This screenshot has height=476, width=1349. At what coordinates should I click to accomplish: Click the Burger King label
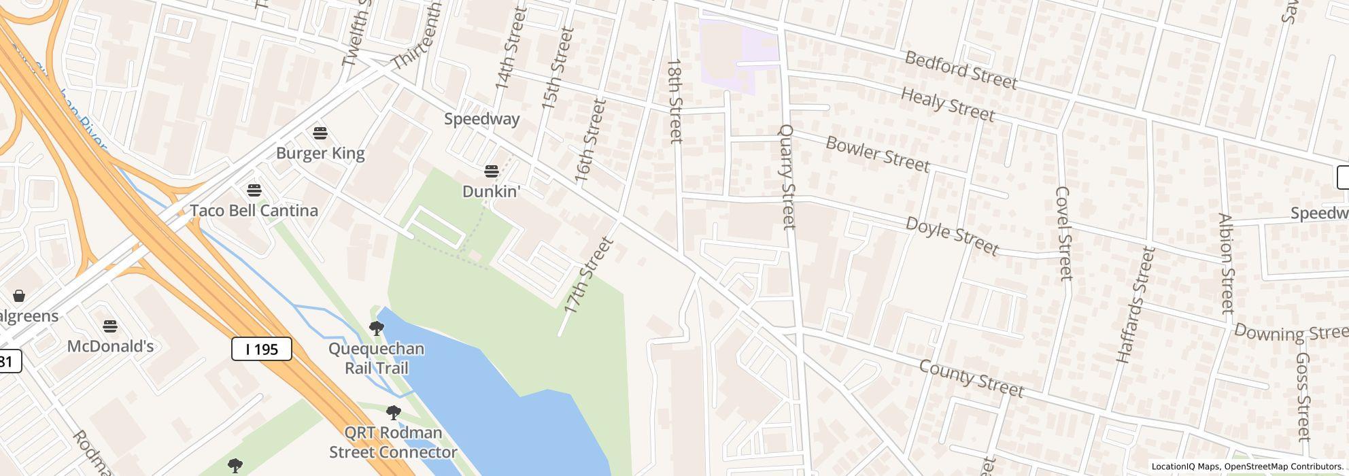[x=320, y=154]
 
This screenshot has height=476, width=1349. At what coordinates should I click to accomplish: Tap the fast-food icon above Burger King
[x=320, y=132]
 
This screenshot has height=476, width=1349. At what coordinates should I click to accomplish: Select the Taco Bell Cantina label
[x=254, y=211]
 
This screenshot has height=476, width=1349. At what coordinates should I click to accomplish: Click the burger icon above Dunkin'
[x=491, y=170]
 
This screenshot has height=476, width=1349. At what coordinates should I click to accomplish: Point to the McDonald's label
[x=110, y=346]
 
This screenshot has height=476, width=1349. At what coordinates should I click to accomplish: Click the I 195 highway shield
[x=262, y=350]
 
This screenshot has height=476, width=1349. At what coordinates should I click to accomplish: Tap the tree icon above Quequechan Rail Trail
[x=376, y=328]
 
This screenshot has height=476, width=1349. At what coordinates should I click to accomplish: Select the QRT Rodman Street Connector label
[x=393, y=443]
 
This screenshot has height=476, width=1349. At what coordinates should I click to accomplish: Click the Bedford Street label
[x=961, y=70]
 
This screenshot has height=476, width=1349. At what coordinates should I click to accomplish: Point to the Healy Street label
[x=947, y=104]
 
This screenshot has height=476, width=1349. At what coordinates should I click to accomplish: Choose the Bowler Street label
[x=877, y=154]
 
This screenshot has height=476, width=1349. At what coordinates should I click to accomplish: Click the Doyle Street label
[x=952, y=236]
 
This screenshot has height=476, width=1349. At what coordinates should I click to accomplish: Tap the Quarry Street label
[x=787, y=177]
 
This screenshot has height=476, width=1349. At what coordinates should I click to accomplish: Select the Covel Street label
[x=1064, y=233]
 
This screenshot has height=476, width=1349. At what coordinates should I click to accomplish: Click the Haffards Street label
[x=1135, y=305]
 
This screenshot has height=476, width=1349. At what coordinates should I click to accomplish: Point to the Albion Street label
[x=1226, y=263]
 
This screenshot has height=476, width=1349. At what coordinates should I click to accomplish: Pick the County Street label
[x=971, y=378]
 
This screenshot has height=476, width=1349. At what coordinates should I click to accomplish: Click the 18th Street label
[x=674, y=101]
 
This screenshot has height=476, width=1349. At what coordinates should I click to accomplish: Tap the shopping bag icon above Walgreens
[x=19, y=296]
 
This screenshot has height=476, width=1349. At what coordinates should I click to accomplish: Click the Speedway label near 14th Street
[x=482, y=119]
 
